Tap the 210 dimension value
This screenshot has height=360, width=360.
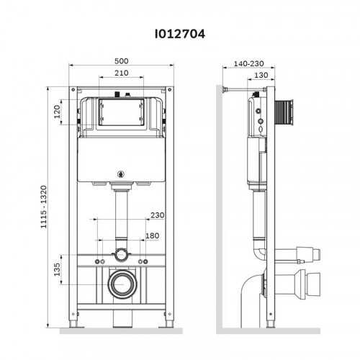[x=122, y=73]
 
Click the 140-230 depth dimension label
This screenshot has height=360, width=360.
[x=248, y=63]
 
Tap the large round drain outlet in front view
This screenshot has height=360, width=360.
[x=122, y=284]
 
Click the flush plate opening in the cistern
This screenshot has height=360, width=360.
[x=122, y=113]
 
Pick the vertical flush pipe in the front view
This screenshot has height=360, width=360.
[x=122, y=216]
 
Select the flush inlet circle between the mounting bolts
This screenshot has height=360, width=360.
[x=122, y=256]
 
